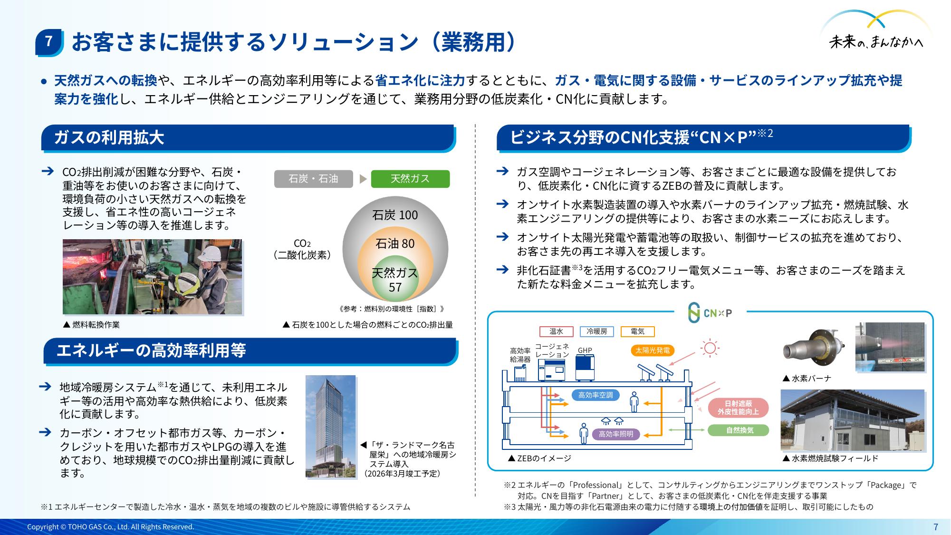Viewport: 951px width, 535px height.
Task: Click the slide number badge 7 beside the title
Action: (x=49, y=42)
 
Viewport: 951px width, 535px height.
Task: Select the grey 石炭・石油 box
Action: (x=314, y=179)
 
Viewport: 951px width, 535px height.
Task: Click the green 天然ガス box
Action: (x=410, y=179)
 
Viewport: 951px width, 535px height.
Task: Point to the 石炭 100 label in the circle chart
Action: (x=395, y=215)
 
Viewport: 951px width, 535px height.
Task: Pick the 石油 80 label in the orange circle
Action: (x=395, y=244)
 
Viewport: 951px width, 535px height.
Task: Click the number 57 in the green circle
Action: (x=395, y=288)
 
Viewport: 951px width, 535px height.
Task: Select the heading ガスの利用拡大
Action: (x=109, y=137)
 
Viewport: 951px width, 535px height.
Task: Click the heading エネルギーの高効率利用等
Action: (x=151, y=350)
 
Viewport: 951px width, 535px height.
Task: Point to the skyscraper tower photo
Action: (x=331, y=426)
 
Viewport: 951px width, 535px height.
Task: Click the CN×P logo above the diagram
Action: (x=710, y=312)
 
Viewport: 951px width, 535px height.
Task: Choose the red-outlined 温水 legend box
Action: (x=557, y=331)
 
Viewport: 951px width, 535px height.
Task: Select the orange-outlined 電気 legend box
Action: (x=638, y=331)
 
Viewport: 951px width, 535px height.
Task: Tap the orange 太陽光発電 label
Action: (x=653, y=350)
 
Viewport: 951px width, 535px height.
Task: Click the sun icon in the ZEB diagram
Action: (x=710, y=348)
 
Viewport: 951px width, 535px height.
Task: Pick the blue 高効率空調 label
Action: (x=596, y=395)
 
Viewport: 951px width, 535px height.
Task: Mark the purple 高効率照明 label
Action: (x=615, y=434)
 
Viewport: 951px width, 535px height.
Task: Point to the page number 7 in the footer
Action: (x=936, y=526)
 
